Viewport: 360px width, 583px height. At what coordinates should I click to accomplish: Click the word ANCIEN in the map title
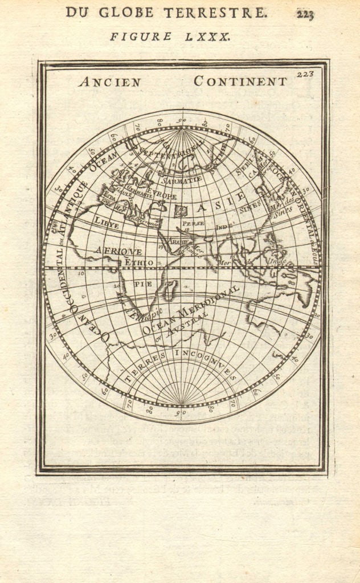point(110,82)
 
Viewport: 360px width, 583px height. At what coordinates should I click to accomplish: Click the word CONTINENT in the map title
point(240,81)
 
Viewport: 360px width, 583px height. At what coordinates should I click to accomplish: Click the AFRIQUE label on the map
point(118,251)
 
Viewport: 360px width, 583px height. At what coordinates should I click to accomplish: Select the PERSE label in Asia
point(193,224)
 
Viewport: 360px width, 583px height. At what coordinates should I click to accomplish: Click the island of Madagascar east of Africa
point(169,291)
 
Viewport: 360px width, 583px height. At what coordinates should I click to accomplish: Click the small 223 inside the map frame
point(305,73)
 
